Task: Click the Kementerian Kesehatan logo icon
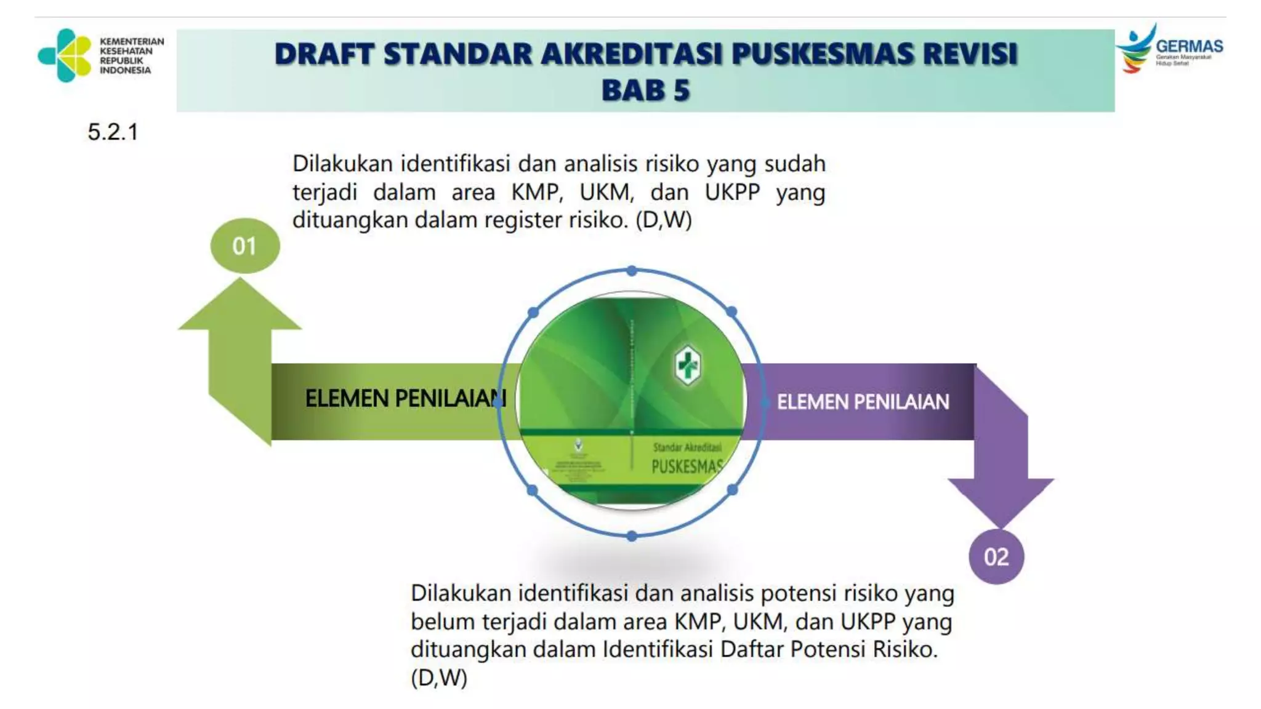coord(65,55)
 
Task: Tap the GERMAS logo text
coord(1189,46)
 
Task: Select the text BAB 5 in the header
coord(645,90)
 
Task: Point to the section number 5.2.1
coord(113,132)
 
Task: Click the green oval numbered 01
coord(244,246)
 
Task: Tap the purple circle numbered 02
coord(996,557)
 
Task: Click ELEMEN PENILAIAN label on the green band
coord(405,399)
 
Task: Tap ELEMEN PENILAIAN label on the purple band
coord(863,402)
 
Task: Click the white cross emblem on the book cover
coord(687,365)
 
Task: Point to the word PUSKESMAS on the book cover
coord(687,467)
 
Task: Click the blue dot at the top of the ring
coord(632,271)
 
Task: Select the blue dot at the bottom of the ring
coord(632,537)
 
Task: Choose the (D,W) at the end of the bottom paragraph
coord(439,678)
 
